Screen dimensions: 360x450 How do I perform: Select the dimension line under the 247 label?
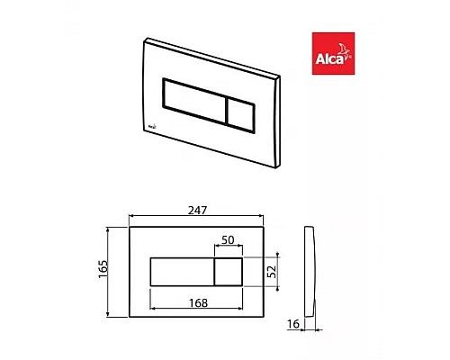click(198, 219)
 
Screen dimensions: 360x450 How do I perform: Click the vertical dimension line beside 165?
click(111, 270)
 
